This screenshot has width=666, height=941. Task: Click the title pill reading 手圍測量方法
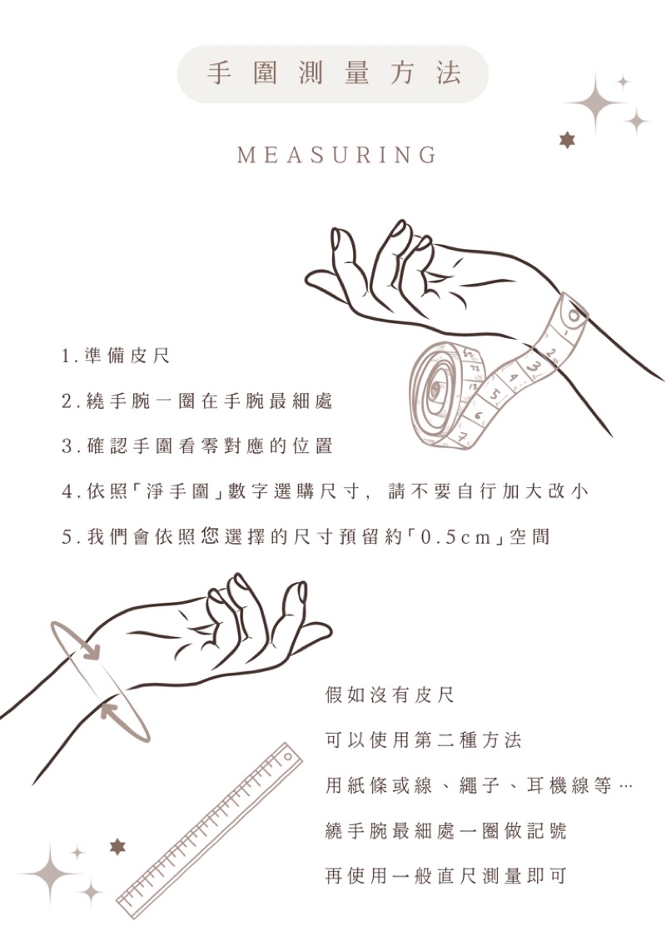pyautogui.click(x=333, y=74)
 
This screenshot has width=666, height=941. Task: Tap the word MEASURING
pyautogui.click(x=336, y=155)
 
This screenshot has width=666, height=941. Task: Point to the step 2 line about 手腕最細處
pyautogui.click(x=196, y=401)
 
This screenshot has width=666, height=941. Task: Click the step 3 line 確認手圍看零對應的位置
pyautogui.click(x=196, y=446)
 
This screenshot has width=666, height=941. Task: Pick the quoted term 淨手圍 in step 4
pyautogui.click(x=177, y=491)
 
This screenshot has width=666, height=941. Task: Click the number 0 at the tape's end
pyautogui.click(x=574, y=315)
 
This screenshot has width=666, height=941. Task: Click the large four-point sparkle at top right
pyautogui.click(x=595, y=102)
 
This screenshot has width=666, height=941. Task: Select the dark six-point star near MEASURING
pyautogui.click(x=567, y=141)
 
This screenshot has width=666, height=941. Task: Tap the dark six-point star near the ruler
pyautogui.click(x=117, y=847)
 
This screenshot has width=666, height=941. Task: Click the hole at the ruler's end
pyautogui.click(x=288, y=757)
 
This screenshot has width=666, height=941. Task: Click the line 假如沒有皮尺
pyautogui.click(x=390, y=695)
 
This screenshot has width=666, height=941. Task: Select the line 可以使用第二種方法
pyautogui.click(x=423, y=740)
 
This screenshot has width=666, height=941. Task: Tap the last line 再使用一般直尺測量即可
pyautogui.click(x=445, y=875)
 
